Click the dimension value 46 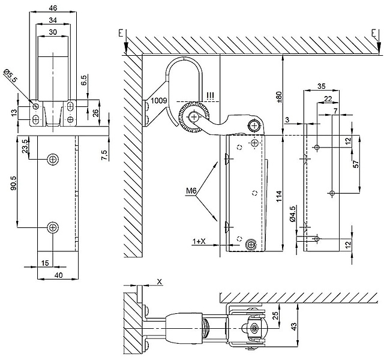click(53, 8)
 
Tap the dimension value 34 click(53, 20)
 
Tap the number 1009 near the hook click(160, 101)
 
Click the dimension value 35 click(321, 86)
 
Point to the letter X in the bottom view click(158, 281)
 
